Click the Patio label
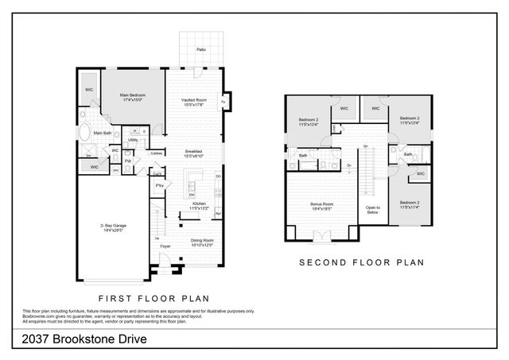201,49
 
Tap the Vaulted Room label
194,99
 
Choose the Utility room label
134,140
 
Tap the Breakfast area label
194,151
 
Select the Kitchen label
199,203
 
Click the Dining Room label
201,239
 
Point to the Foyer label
165,246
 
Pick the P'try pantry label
160,186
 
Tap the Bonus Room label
321,204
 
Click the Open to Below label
373,211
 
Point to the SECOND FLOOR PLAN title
361,261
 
